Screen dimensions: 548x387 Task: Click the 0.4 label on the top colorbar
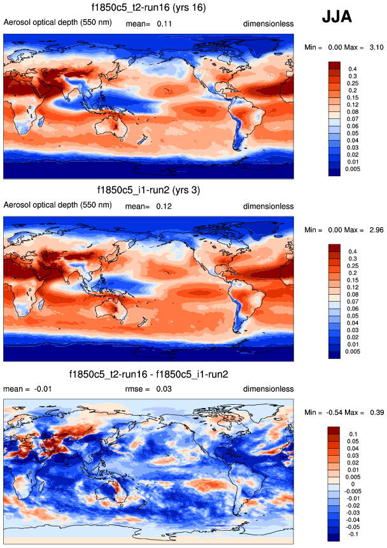pos(352,67)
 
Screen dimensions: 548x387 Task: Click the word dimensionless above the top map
pos(268,24)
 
